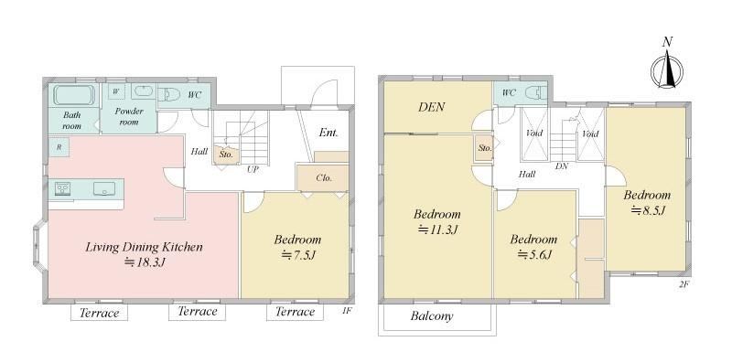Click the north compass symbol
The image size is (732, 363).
coord(667,71)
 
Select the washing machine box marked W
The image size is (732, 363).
coord(116,91)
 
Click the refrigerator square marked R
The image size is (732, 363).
coord(59,147)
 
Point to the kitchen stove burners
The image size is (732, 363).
coord(63,189)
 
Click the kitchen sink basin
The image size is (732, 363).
coord(103,188)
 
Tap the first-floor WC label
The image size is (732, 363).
coord(195,95)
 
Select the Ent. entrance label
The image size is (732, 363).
coord(328,133)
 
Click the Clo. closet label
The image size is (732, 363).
coord(324,177)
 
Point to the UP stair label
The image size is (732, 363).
coord(253,169)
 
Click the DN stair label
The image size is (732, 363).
coord(562,165)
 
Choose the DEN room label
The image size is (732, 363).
coord(431,107)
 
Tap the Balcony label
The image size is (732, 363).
coord(432,316)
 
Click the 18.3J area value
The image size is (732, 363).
coord(145,262)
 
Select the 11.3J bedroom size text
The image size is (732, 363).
coord(438,230)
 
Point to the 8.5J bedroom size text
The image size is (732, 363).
coord(648,210)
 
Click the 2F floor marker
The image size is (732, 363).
coord(684,284)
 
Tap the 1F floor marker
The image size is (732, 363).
coord(346,310)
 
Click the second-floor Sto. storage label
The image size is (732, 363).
coord(485,148)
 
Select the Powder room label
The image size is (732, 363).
coord(129,116)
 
